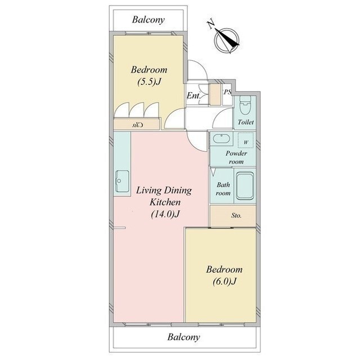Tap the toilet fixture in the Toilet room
click(x=245, y=105)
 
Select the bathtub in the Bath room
click(x=245, y=186)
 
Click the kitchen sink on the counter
click(x=122, y=181)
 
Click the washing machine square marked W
click(x=246, y=140)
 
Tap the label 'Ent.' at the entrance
click(x=193, y=96)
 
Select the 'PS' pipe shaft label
click(x=227, y=92)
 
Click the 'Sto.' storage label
click(x=236, y=215)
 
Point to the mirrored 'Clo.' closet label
click(x=137, y=125)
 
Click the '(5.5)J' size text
click(x=148, y=82)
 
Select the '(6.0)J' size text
click(x=224, y=281)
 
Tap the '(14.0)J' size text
click(x=165, y=214)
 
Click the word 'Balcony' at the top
click(x=148, y=20)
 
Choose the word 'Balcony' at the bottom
click(x=184, y=337)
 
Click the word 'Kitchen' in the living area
click(x=165, y=202)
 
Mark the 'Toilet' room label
click(x=246, y=122)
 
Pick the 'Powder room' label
click(x=236, y=157)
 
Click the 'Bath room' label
click(x=223, y=189)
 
